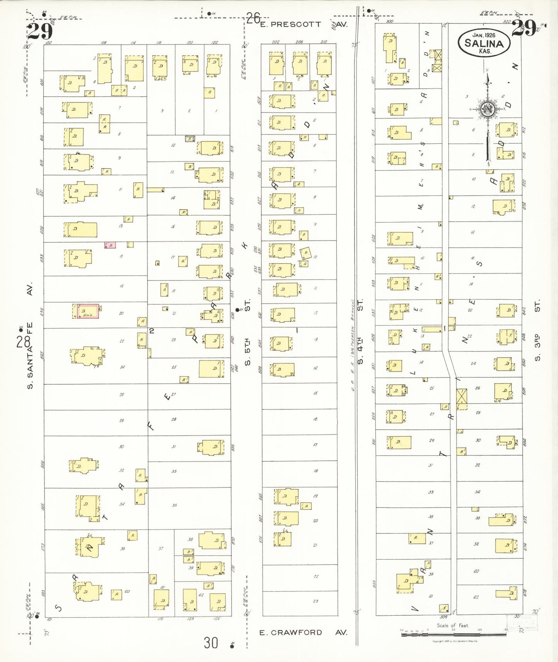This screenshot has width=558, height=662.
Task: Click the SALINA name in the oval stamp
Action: click(x=484, y=43)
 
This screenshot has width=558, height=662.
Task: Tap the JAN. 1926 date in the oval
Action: click(x=484, y=35)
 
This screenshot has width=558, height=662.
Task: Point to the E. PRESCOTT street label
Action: click(x=290, y=24)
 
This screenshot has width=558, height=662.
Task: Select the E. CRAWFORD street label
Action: click(x=290, y=632)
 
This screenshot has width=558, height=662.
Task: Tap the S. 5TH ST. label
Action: click(x=248, y=332)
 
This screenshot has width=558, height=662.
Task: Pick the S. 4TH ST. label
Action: click(x=360, y=332)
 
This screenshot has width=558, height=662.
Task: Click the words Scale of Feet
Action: click(x=453, y=625)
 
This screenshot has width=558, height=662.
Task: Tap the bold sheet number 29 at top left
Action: click(x=40, y=31)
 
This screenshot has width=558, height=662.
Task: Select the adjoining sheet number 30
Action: click(x=211, y=643)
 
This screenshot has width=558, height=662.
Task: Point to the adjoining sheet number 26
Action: click(x=253, y=18)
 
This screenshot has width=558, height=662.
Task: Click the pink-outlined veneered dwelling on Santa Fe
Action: click(x=88, y=311)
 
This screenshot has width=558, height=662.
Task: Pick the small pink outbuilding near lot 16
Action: click(x=110, y=245)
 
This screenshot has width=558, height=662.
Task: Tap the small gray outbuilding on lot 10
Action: click(x=190, y=138)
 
